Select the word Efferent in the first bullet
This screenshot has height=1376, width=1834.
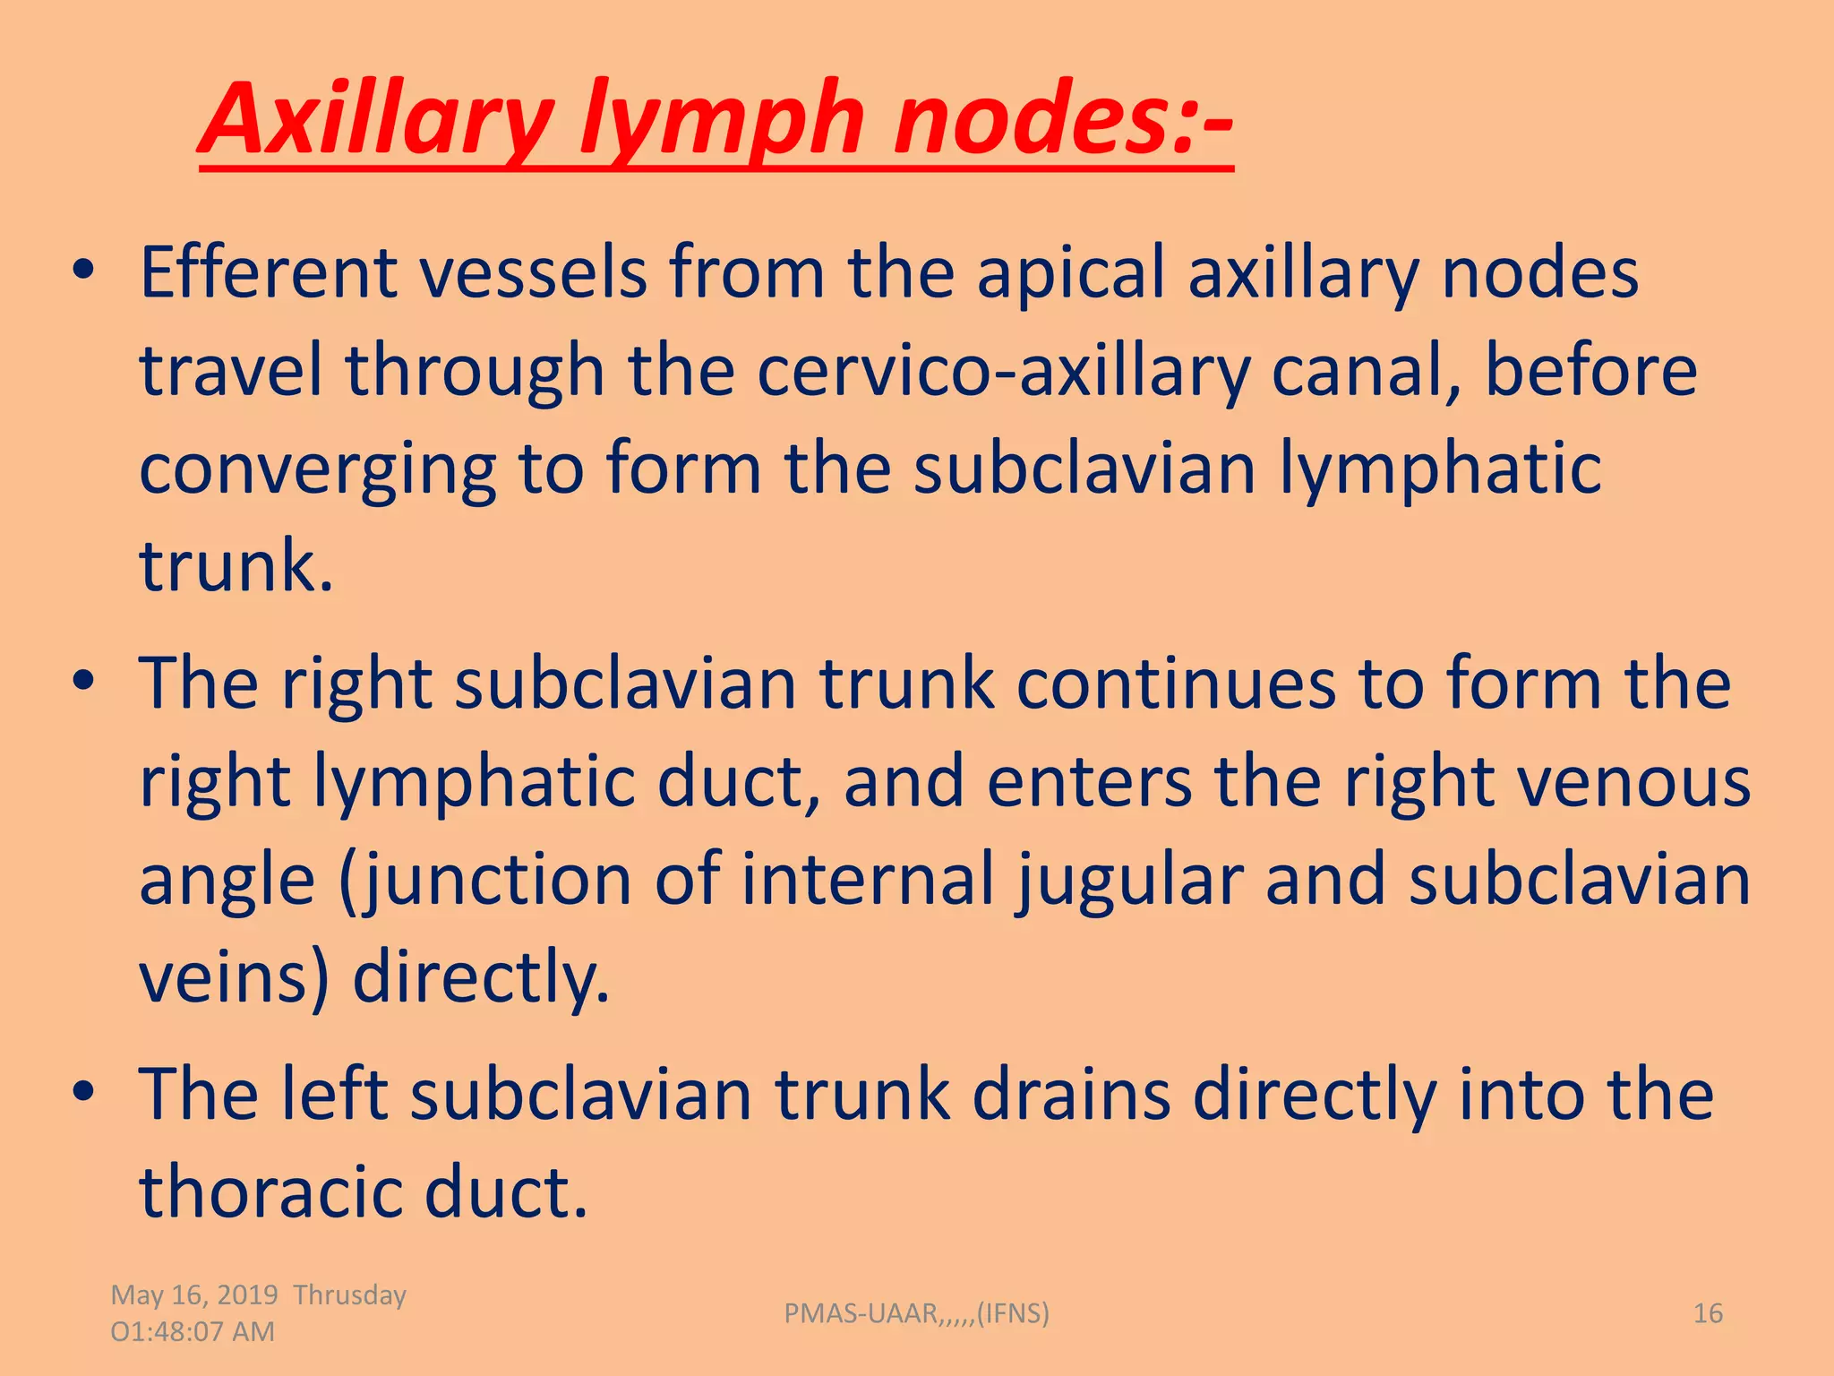click(268, 272)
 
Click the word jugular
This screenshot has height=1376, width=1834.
click(1129, 881)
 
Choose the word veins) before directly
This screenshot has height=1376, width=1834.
click(235, 977)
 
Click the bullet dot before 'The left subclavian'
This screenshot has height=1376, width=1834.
click(84, 1093)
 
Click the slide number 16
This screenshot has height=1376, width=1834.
click(1708, 1313)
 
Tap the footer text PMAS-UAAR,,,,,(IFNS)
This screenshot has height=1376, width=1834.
click(916, 1313)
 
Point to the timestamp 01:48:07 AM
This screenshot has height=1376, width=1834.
click(193, 1332)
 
